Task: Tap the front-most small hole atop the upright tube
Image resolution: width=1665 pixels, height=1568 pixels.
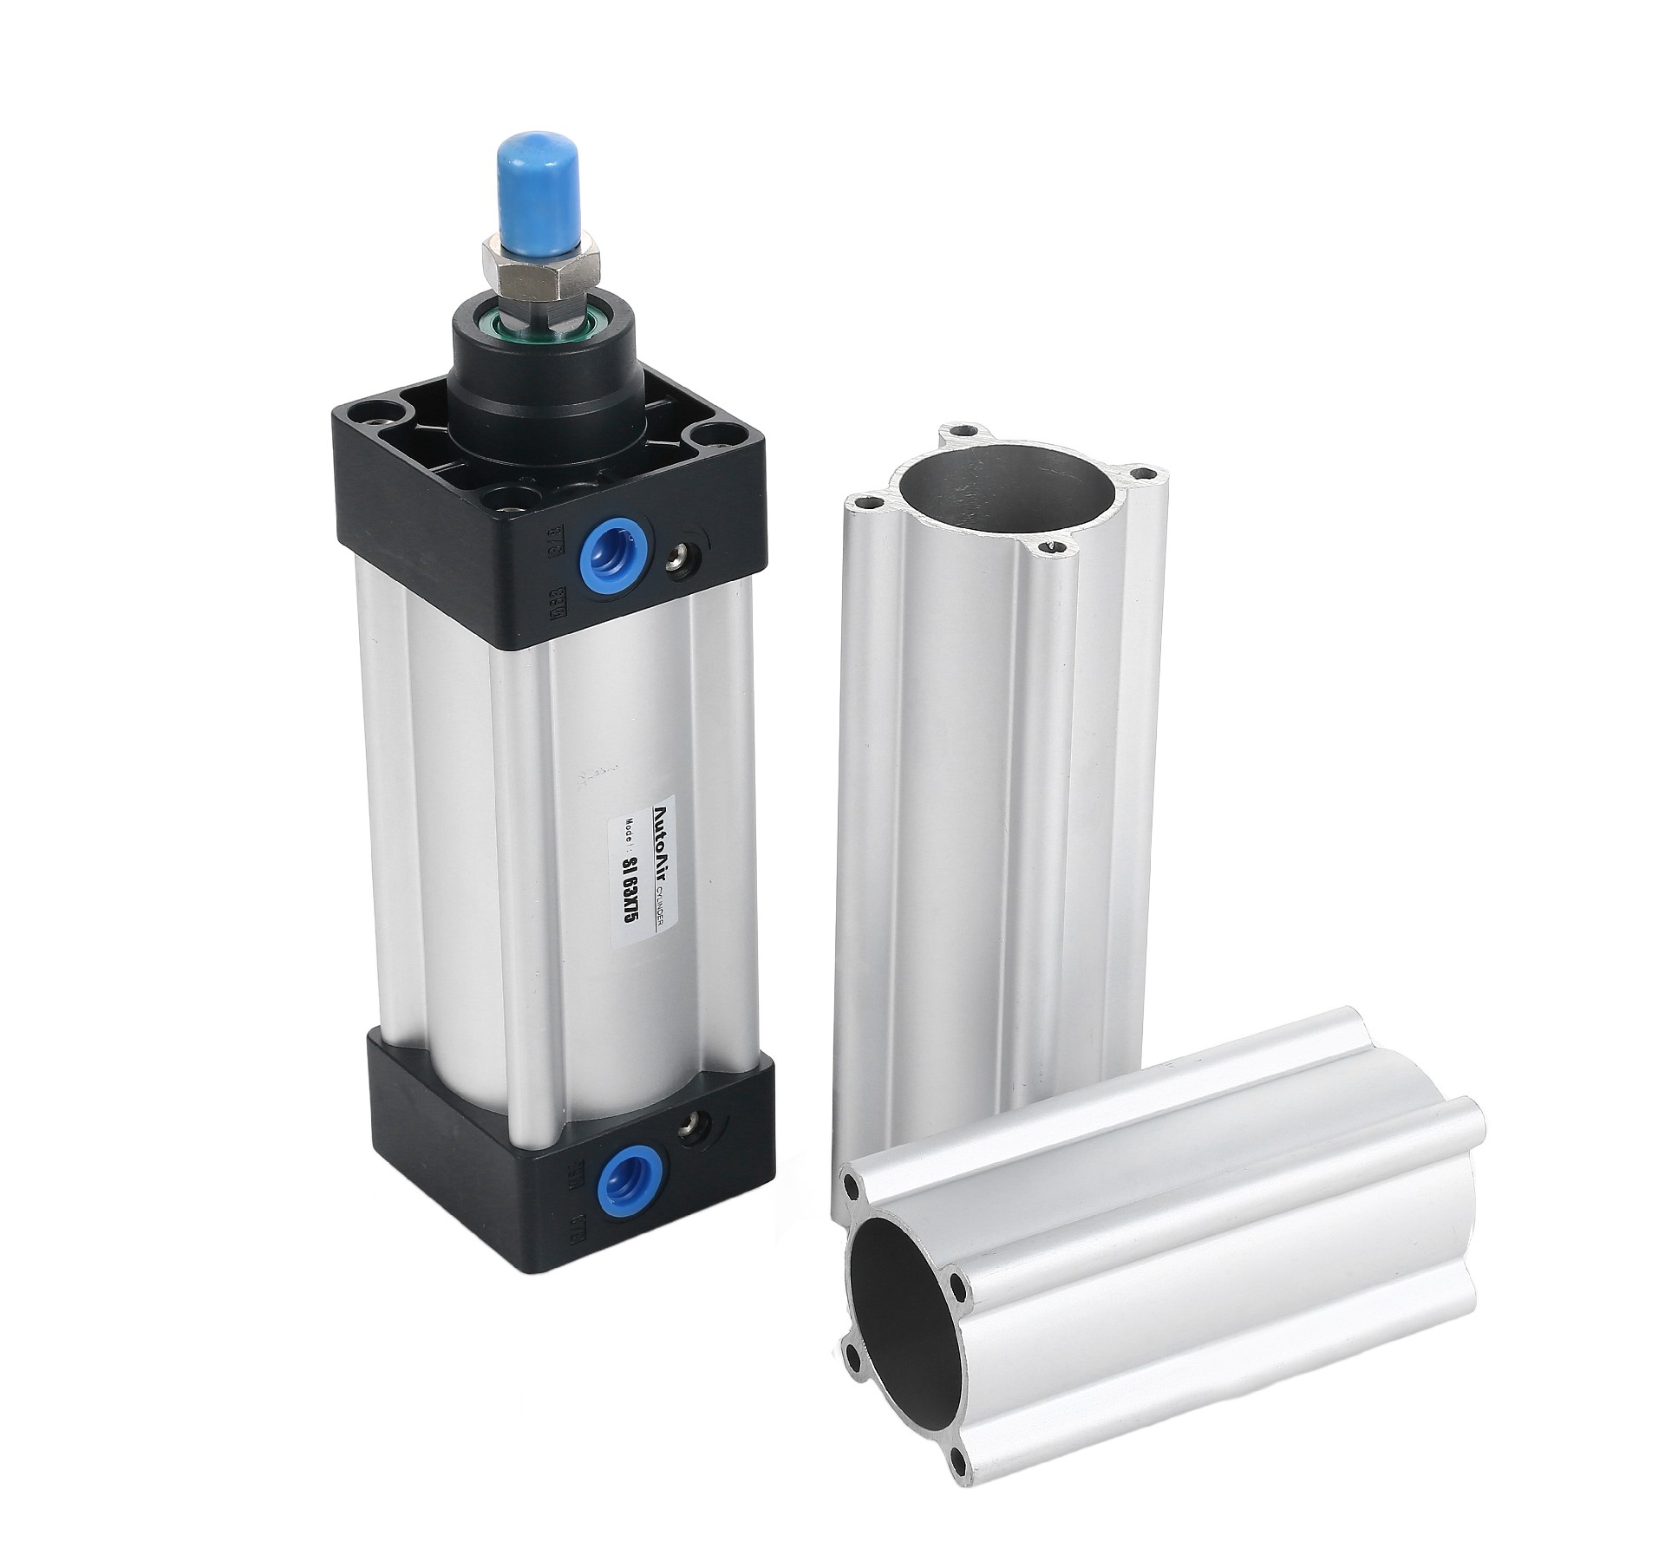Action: pyautogui.click(x=1056, y=547)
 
